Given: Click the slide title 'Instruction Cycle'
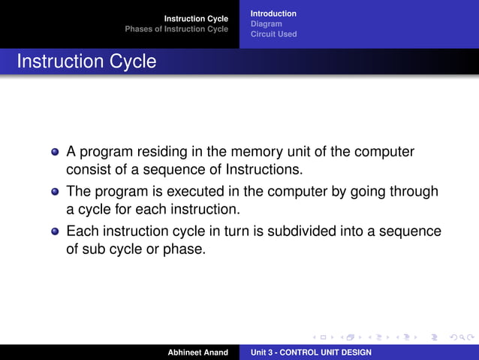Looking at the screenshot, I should (x=86, y=62).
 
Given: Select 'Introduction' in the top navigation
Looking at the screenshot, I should (x=273, y=14).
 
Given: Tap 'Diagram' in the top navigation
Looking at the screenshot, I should (x=266, y=24).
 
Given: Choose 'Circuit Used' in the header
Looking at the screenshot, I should (x=273, y=34).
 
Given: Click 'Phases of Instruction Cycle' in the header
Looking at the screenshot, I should (x=176, y=29).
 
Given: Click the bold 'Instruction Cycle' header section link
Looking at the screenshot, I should (x=196, y=18).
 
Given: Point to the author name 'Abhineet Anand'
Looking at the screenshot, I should (x=197, y=352).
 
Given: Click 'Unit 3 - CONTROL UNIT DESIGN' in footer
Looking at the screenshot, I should (x=311, y=352).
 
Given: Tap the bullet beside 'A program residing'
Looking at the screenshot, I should (x=55, y=152).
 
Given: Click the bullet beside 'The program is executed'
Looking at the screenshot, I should (x=55, y=192).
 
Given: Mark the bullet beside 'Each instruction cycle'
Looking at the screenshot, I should (x=55, y=231).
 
